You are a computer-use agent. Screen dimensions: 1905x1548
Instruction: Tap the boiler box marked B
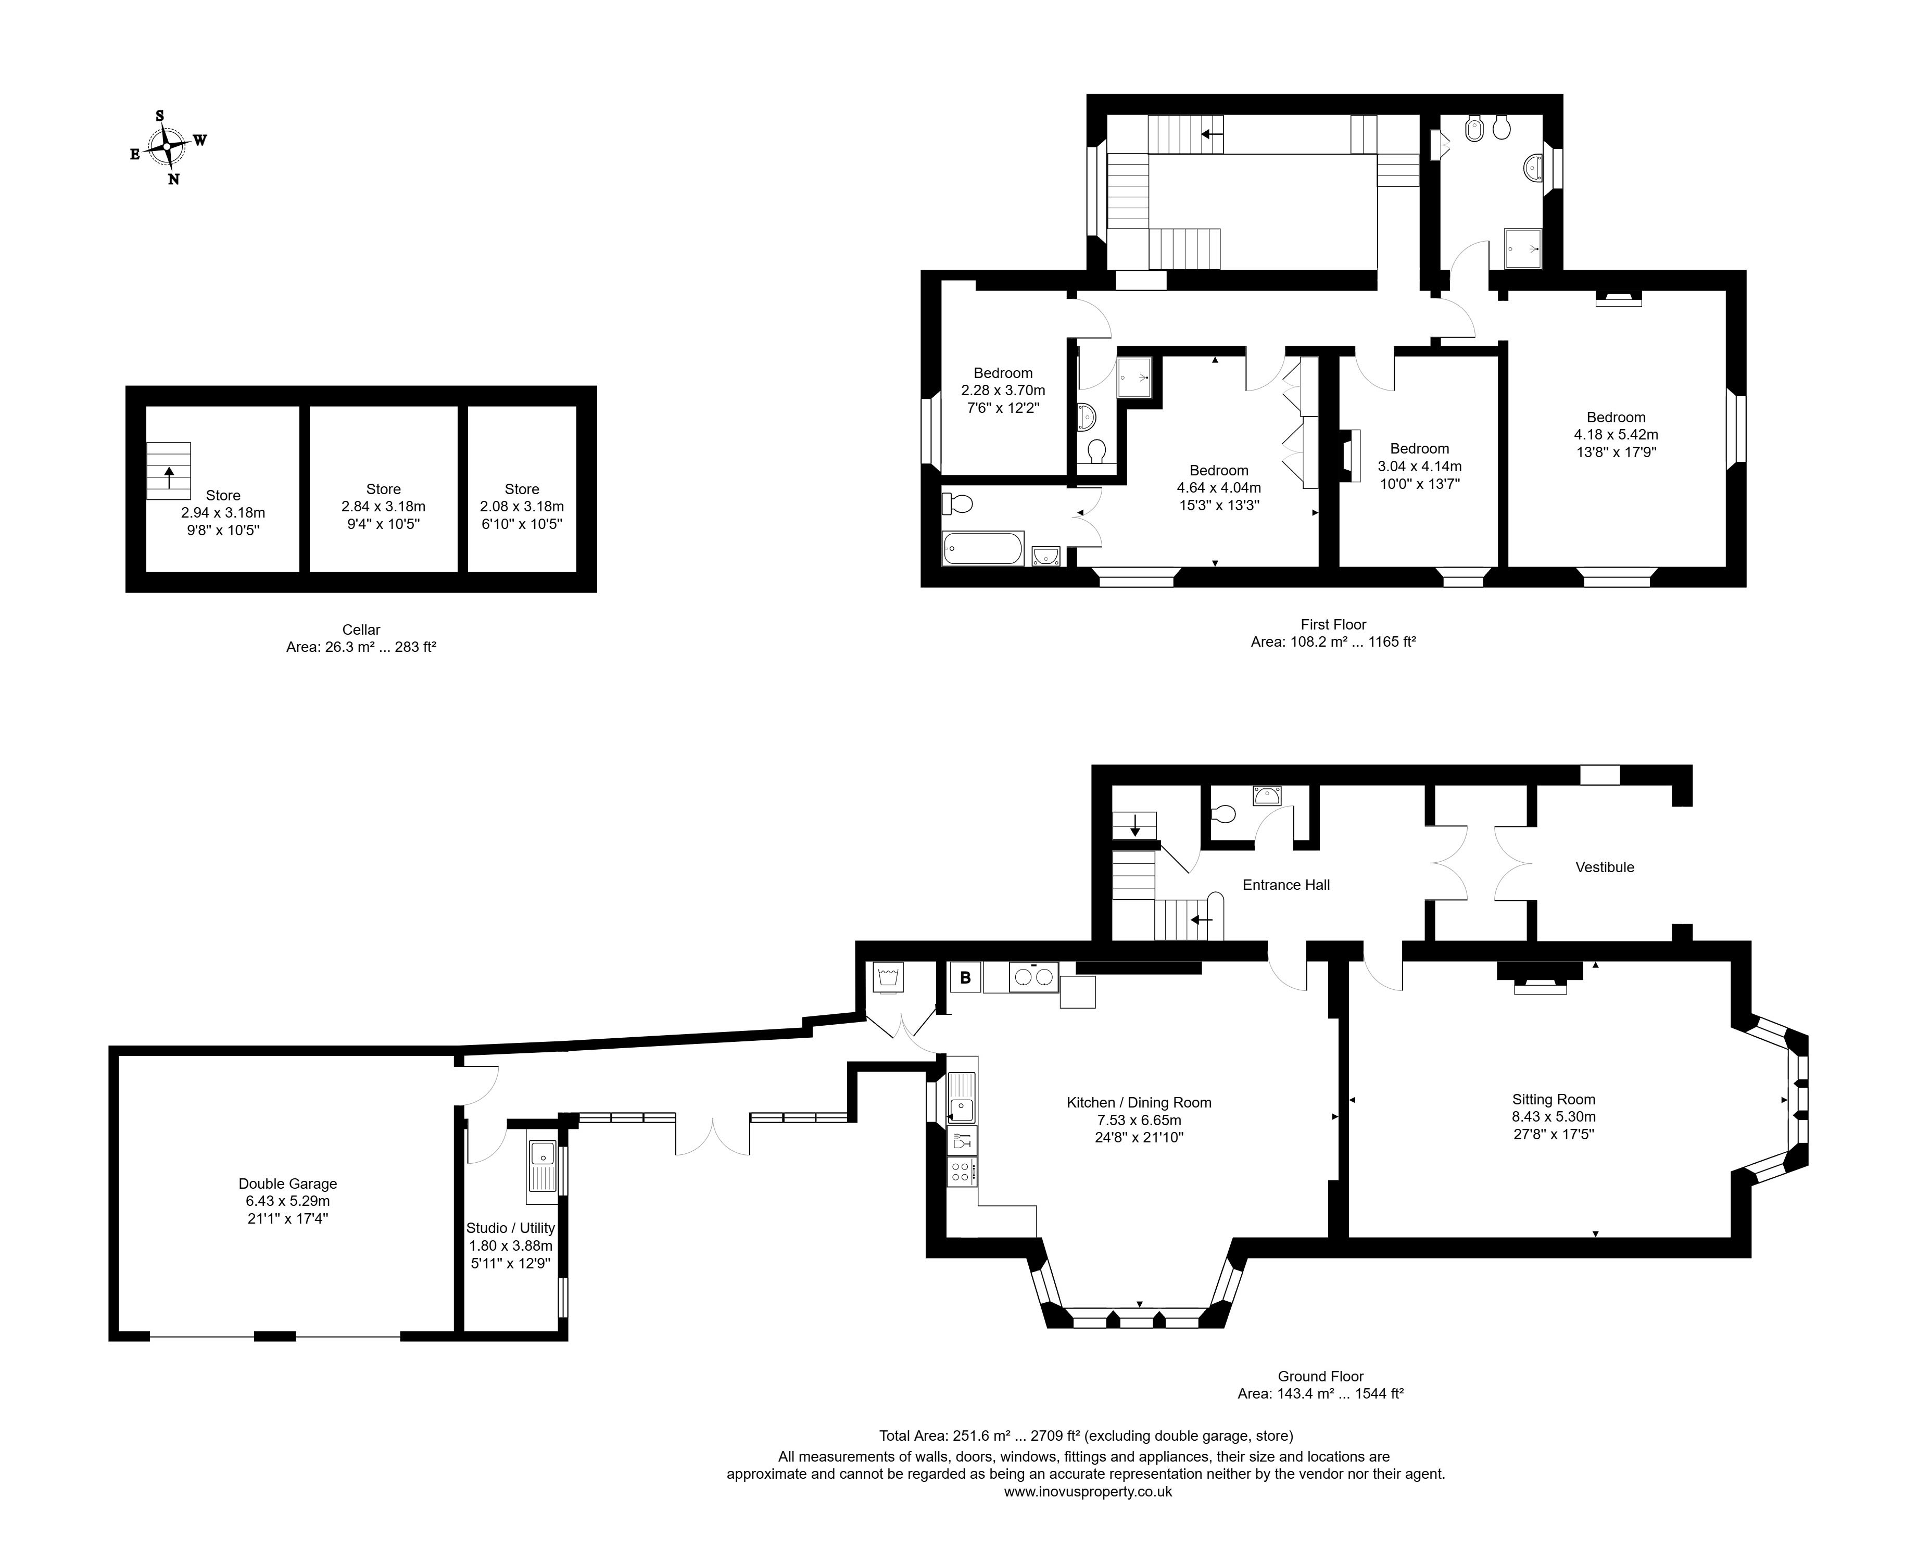click(x=965, y=977)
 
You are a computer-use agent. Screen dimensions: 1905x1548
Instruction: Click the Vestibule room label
click(x=1605, y=867)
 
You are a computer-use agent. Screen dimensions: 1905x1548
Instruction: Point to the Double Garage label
click(x=288, y=1184)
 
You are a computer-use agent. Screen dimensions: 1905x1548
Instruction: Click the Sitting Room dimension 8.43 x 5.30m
click(x=1554, y=1116)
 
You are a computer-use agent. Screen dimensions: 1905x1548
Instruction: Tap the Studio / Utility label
click(x=511, y=1228)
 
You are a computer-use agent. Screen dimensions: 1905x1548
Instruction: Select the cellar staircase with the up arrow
click(x=169, y=471)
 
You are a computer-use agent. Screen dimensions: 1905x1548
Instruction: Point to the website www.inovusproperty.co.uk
click(x=1088, y=1491)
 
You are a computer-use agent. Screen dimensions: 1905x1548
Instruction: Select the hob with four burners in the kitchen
click(x=962, y=1171)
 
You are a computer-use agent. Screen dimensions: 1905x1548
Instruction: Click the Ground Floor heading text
click(x=1320, y=1376)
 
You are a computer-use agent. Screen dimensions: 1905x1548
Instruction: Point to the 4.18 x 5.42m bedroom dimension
click(x=1616, y=434)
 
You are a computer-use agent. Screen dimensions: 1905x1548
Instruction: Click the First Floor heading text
click(x=1333, y=624)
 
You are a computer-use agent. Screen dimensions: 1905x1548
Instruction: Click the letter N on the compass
click(x=174, y=179)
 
